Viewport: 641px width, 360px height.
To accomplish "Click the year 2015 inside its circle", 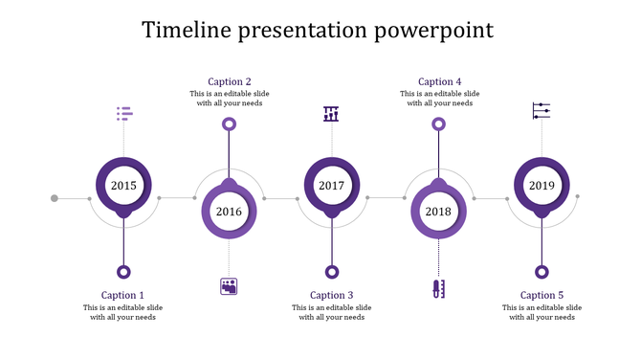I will pos(123,186).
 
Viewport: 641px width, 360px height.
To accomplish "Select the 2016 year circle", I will pos(229,212).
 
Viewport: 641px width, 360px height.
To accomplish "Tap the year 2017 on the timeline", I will pos(332,186).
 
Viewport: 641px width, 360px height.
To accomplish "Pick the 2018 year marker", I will pos(438,212).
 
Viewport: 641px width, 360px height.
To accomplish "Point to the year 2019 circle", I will pos(542,186).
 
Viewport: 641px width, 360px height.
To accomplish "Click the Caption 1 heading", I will pos(123,295).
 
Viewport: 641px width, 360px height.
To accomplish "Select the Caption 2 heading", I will pos(230,81).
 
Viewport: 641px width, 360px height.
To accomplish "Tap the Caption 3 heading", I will pos(332,295).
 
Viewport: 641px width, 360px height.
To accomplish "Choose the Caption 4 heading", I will pos(439,81).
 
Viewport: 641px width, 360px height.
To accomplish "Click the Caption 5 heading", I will pos(542,295).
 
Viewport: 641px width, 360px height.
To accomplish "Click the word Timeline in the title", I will pos(187,30).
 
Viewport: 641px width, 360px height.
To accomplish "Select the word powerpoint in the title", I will pos(434,30).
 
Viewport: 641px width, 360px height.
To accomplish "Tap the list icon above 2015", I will pos(124,114).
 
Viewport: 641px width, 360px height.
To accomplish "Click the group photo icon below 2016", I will pos(229,285).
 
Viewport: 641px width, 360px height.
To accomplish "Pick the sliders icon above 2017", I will pos(332,114).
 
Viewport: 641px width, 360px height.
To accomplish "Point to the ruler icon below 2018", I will pos(438,288).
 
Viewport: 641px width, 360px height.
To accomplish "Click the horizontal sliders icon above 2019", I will pos(542,111).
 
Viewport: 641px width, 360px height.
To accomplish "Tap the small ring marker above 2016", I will pos(229,124).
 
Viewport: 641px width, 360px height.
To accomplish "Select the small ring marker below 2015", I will pos(123,271).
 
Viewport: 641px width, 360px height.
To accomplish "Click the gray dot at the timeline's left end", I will pos(55,198).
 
